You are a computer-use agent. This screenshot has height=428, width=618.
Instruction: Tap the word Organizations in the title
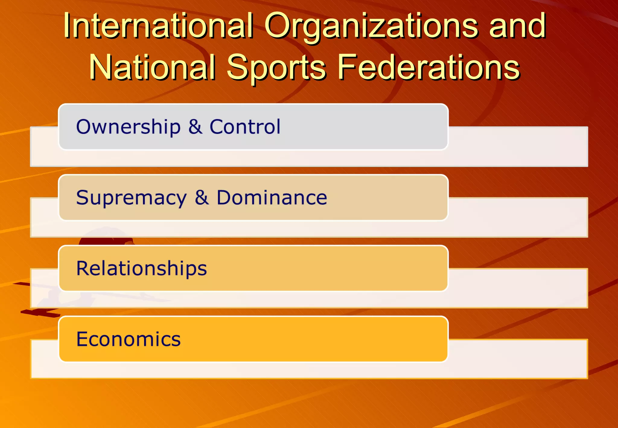(371, 27)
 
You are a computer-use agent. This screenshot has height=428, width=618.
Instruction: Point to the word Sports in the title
(276, 68)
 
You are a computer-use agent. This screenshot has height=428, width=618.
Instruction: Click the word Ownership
(128, 127)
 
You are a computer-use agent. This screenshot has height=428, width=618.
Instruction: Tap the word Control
(245, 126)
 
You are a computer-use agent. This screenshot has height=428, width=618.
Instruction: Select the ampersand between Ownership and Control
(195, 127)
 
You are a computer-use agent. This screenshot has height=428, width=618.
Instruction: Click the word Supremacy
(131, 198)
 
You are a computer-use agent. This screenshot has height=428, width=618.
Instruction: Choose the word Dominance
(272, 198)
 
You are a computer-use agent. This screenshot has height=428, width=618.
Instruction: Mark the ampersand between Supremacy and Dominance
(202, 198)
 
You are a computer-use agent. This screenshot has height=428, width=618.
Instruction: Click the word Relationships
(142, 268)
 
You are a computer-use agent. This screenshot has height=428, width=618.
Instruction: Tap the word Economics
(128, 339)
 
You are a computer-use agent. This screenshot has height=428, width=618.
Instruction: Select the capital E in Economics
(82, 339)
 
